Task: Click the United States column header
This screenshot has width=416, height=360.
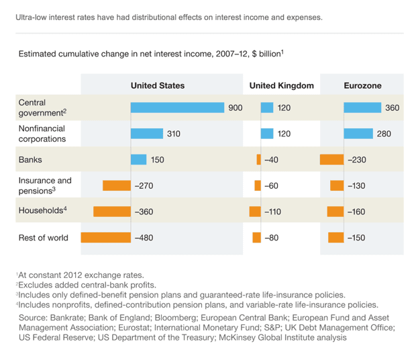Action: [x=157, y=86]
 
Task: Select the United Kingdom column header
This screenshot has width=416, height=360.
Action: [x=281, y=86]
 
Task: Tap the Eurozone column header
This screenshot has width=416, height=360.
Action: [x=362, y=86]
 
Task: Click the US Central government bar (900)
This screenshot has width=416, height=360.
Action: [x=177, y=107]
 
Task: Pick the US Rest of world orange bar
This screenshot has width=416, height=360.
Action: [x=105, y=237]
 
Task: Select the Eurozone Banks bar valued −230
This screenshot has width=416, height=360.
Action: [x=331, y=159]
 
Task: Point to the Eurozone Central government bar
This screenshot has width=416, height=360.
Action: [x=362, y=107]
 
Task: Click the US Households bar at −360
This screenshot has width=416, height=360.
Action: [x=111, y=212]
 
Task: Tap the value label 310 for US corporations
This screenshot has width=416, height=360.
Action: [x=173, y=134]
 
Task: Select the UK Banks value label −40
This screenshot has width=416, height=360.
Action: [x=271, y=159]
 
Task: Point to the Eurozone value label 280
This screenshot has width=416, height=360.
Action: [x=384, y=134]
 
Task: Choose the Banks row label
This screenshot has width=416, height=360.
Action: [x=30, y=159]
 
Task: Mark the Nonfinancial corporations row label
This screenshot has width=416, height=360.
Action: [x=42, y=134]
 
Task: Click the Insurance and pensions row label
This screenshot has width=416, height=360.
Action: [x=45, y=185]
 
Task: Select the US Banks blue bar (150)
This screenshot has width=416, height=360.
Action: [x=138, y=159]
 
